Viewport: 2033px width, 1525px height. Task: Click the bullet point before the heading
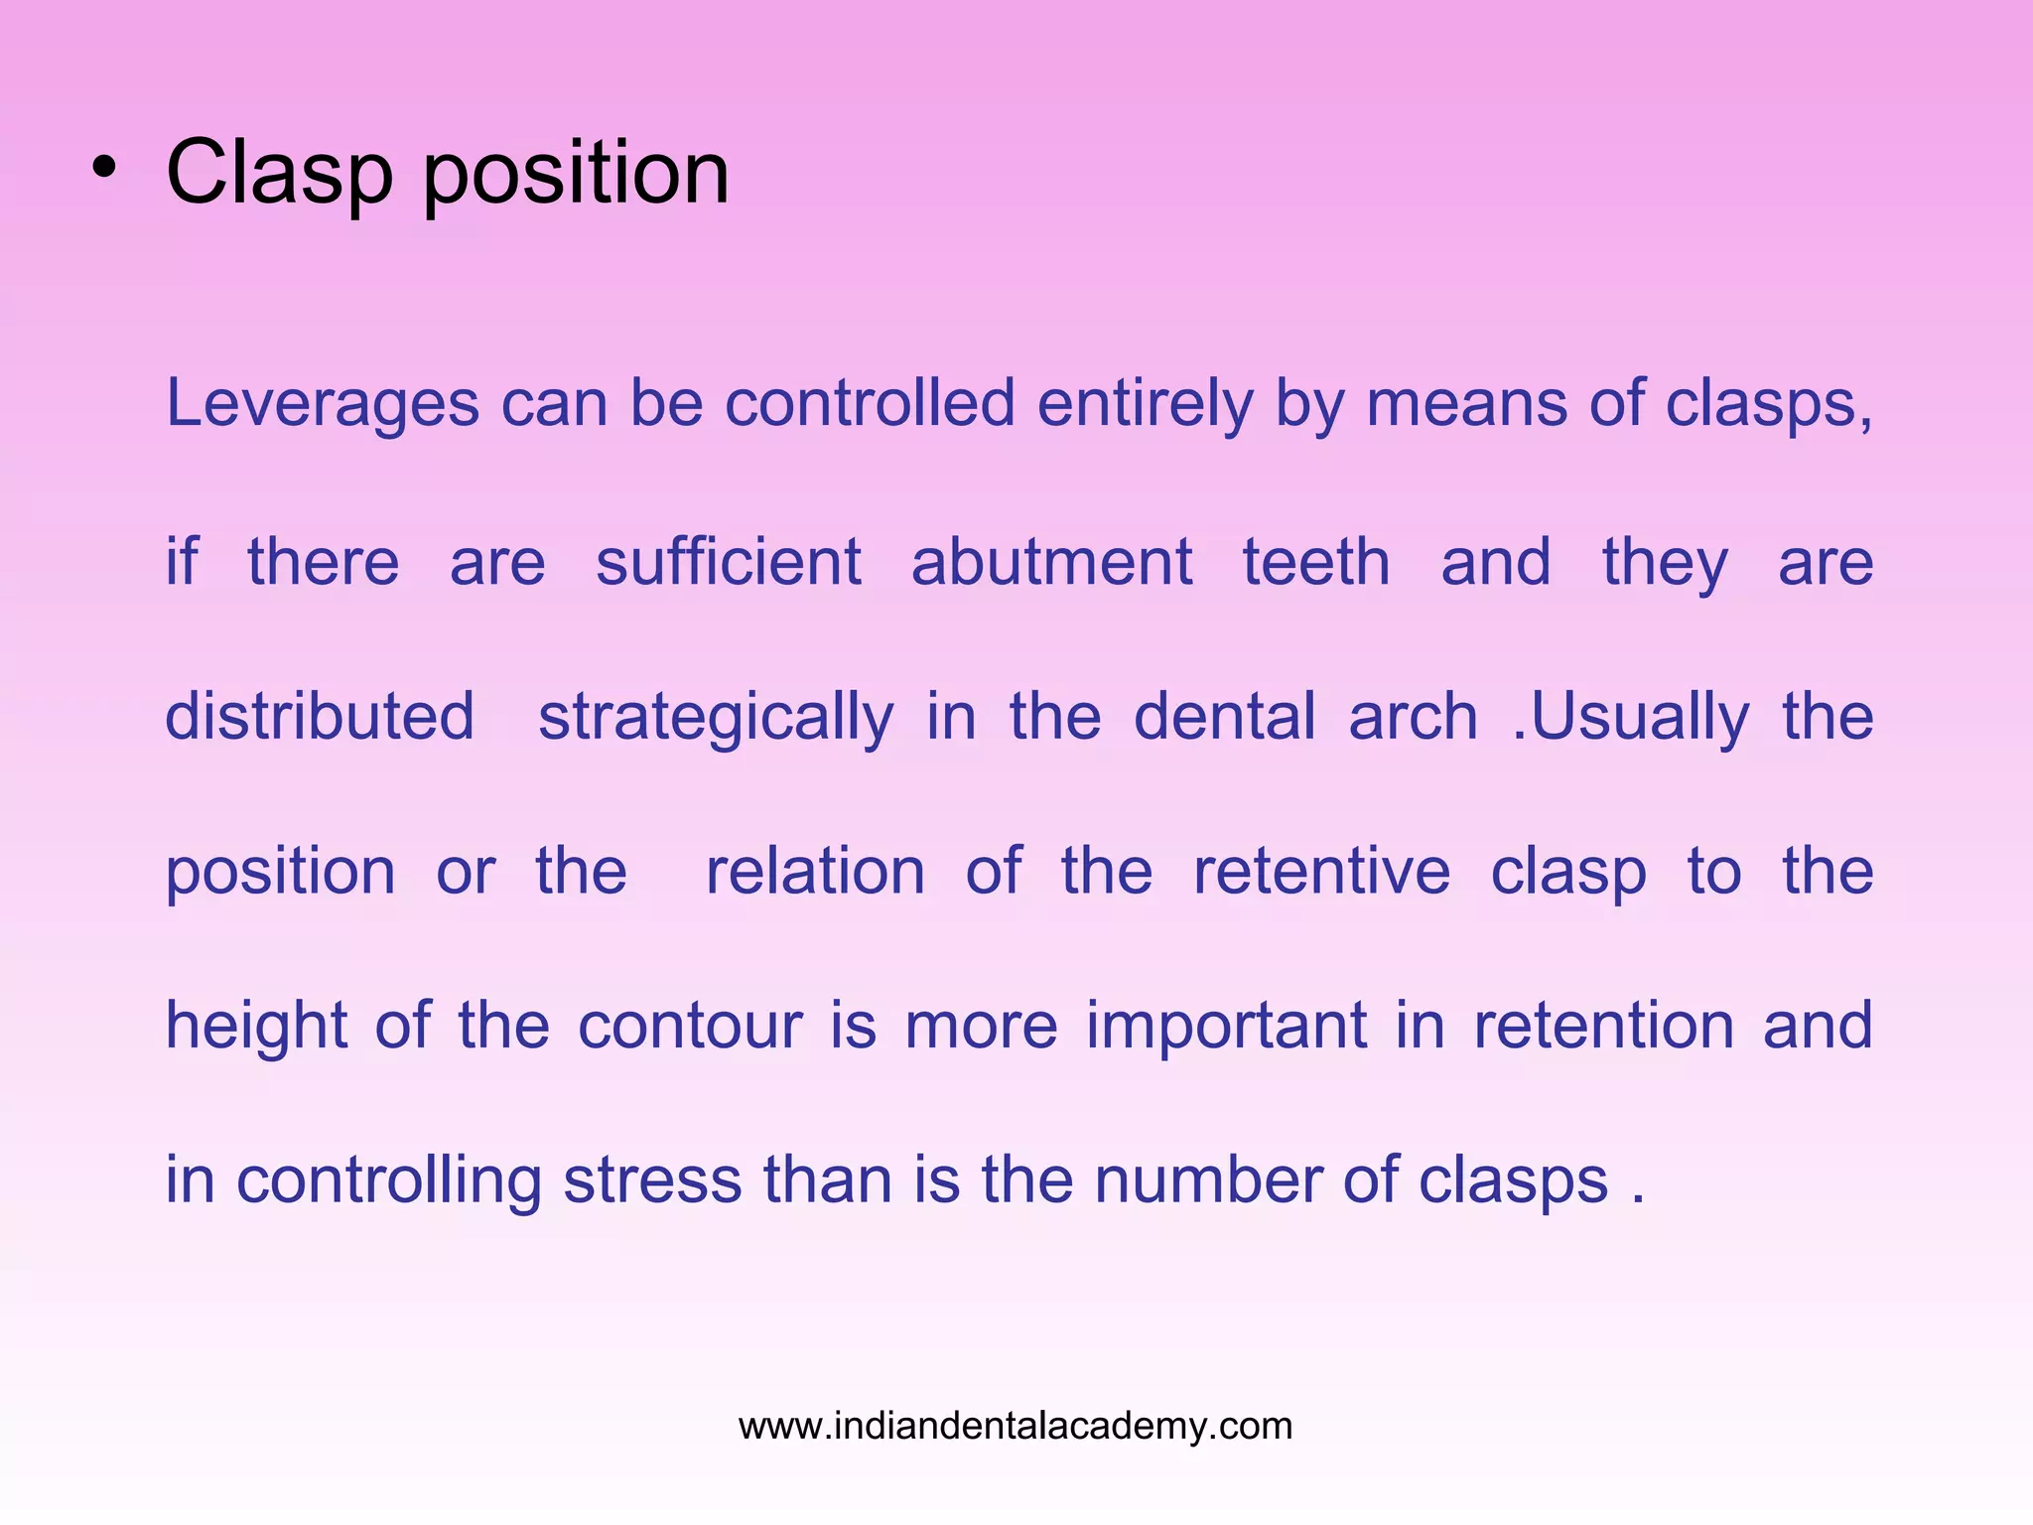coord(103,170)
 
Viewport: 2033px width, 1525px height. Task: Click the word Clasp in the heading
coord(279,174)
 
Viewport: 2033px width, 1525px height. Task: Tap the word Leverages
coord(322,405)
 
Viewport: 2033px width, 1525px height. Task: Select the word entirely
coord(1146,405)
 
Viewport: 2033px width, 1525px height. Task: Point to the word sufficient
coord(728,562)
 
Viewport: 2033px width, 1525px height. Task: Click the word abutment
coord(1051,562)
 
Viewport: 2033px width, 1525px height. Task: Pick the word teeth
coord(1316,562)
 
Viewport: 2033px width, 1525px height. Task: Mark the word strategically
coord(716,718)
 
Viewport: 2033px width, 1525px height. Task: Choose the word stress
coord(653,1180)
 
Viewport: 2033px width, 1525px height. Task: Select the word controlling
coord(388,1180)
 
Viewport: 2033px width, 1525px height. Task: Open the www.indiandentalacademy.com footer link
coord(1016,1426)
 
